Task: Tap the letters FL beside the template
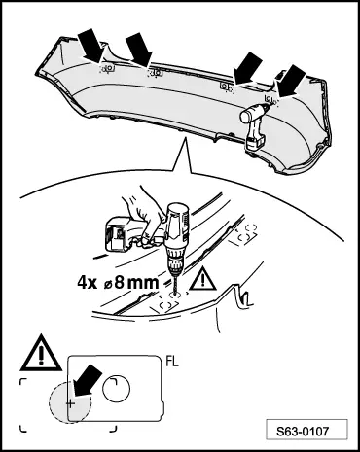coord(172,362)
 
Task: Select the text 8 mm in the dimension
coord(137,283)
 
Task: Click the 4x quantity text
coord(87,283)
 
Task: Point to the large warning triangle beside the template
coord(41,354)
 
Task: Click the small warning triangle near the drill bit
coord(203,278)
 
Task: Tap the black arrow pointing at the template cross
coord(87,380)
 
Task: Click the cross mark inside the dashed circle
coord(70,403)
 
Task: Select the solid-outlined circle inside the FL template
coord(116,389)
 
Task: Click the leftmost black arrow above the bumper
coord(91,45)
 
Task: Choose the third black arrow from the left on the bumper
coord(248,69)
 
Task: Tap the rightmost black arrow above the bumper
coord(291,81)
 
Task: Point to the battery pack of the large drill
coord(118,234)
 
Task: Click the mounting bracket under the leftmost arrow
coord(109,68)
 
